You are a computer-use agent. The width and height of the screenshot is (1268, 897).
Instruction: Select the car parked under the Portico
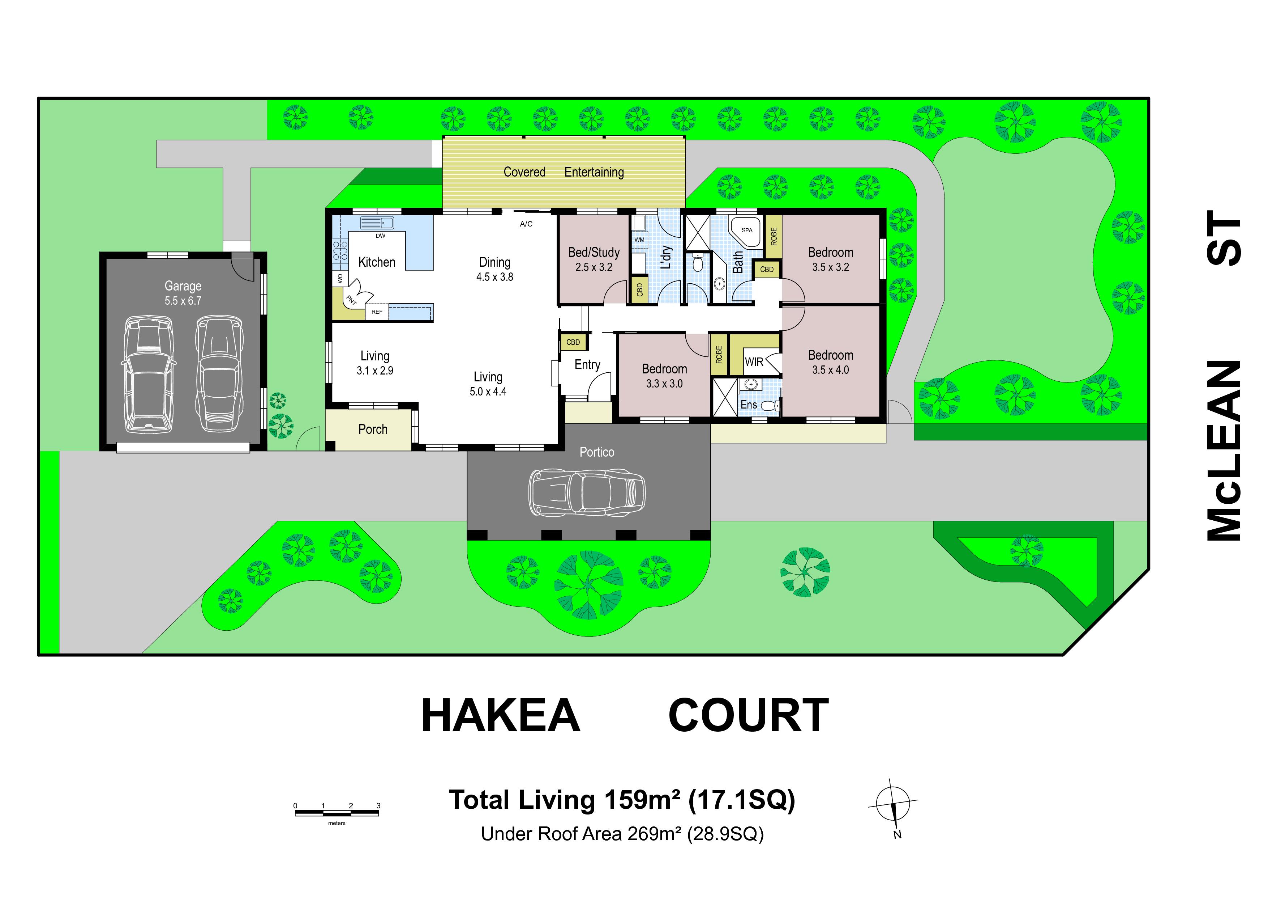587,492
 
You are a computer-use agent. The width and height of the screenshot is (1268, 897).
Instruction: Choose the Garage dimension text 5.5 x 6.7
183,301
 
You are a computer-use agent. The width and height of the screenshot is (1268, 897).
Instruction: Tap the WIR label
754,362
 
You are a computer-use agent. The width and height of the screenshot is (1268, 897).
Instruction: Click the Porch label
373,430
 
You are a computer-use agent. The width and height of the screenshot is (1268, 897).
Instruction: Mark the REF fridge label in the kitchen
377,312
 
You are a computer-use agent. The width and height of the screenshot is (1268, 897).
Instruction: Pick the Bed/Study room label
594,253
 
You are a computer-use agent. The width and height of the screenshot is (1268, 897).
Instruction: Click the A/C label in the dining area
526,224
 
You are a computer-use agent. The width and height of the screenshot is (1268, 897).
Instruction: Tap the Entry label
587,365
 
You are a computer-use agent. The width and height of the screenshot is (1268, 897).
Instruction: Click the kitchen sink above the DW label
377,223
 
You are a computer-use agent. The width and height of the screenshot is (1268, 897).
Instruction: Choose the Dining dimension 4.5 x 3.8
495,277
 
